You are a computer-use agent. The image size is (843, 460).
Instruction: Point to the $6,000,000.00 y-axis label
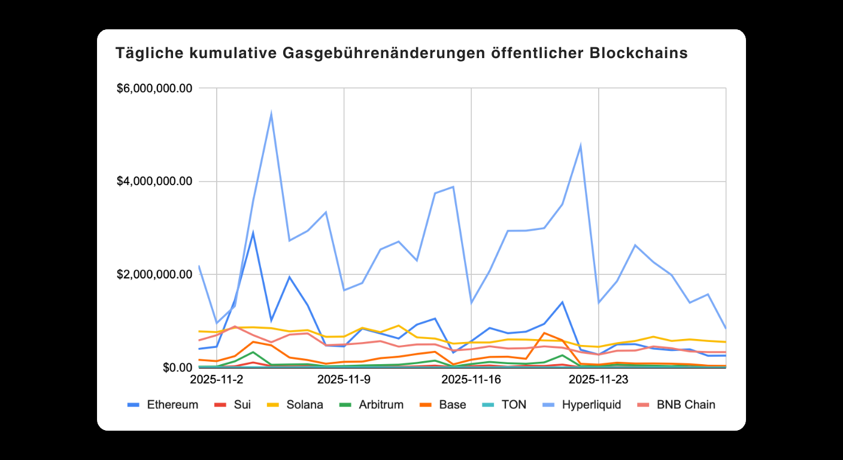[x=154, y=88]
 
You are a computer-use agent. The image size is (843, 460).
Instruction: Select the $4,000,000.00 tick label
[x=154, y=181]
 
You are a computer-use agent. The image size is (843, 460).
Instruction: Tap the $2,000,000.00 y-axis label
[x=154, y=274]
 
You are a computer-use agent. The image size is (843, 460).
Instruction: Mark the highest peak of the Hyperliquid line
[x=271, y=113]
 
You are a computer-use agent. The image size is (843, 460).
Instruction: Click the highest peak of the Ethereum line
[x=253, y=232]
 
